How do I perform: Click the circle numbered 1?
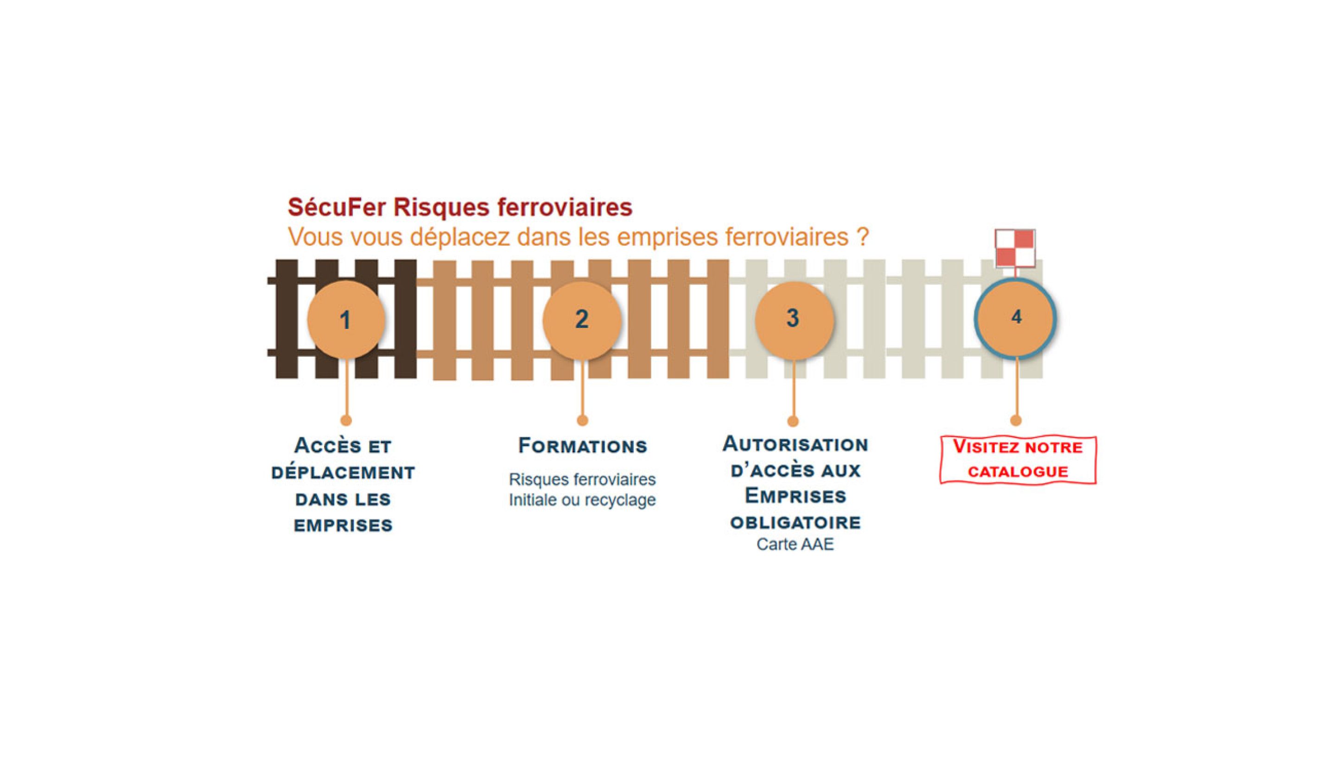346,319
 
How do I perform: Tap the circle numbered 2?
582,319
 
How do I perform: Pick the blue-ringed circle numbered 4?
1016,318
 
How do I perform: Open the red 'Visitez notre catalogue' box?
1018,460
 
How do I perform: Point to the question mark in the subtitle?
862,237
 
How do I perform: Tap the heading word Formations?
583,446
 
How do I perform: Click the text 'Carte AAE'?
795,544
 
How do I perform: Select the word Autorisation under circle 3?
796,444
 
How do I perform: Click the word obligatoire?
796,523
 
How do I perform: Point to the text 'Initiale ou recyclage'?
582,500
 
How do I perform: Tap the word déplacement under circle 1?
343,473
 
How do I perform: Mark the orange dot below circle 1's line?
346,420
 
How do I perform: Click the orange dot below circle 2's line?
582,420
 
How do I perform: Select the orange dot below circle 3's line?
793,421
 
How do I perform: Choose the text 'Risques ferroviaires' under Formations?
582,480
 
